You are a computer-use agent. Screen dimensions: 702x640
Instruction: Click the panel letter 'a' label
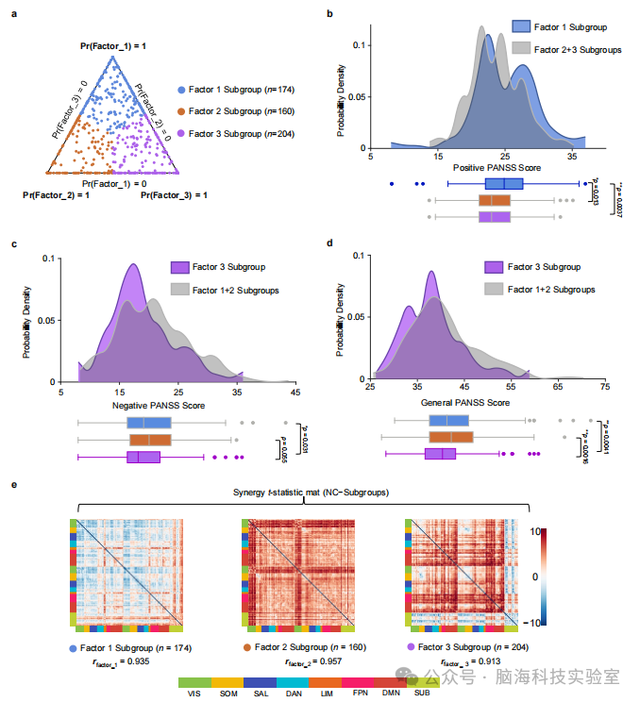coord(13,15)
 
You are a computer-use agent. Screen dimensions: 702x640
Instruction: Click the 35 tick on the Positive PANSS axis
coord(573,155)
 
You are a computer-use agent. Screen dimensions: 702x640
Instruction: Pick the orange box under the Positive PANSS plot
coord(495,201)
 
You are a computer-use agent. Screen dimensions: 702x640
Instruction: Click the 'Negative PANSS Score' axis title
coord(158,406)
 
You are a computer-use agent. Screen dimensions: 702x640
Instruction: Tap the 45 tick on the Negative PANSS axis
coord(295,393)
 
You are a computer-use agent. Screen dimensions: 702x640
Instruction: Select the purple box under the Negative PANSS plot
coord(143,457)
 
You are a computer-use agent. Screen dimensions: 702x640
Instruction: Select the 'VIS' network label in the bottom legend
coord(194,694)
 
